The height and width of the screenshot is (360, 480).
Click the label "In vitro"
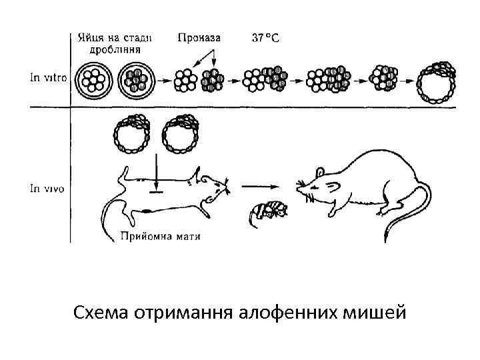(47, 78)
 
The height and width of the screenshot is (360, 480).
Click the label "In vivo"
(47, 189)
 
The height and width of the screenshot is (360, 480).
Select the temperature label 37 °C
(265, 37)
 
